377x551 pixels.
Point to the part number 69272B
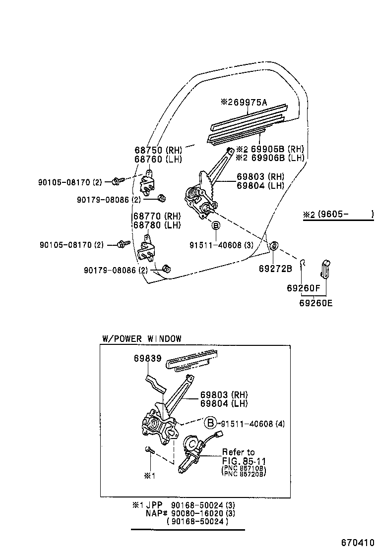click(x=275, y=268)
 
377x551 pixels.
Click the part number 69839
click(x=147, y=358)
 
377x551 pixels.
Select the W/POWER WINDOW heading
click(x=142, y=339)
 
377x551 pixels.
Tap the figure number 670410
click(x=356, y=542)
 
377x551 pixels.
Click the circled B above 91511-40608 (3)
click(x=216, y=226)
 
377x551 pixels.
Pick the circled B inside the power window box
click(x=210, y=423)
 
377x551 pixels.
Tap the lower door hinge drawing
click(x=146, y=250)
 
